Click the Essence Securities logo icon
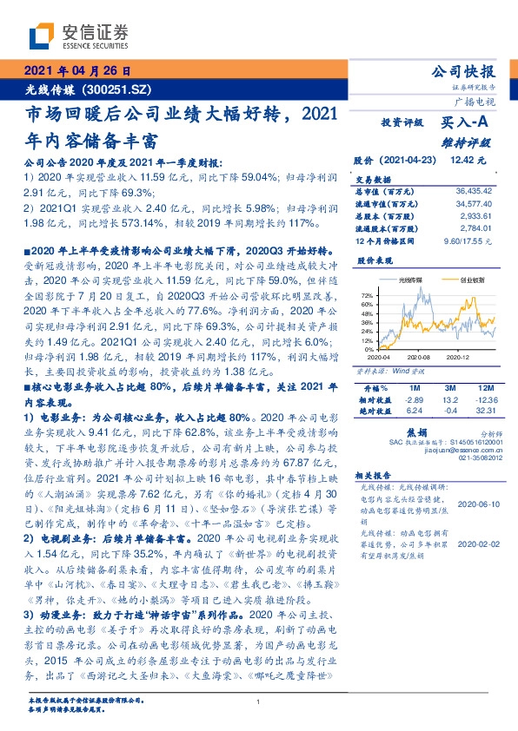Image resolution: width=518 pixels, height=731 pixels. point(42,36)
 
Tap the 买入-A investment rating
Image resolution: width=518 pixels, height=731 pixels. point(465,123)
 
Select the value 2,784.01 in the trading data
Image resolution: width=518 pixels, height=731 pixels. point(476,227)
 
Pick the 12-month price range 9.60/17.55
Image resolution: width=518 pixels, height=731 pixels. point(469,239)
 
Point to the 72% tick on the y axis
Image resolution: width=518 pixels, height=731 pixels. point(366,295)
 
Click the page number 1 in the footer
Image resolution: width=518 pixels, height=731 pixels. point(259,702)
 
